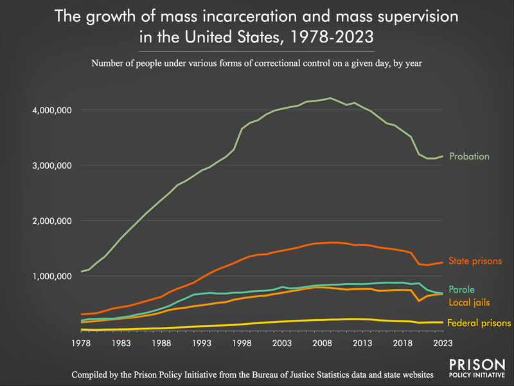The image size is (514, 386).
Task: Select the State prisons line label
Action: [476, 261]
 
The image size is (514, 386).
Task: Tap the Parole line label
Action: [463, 289]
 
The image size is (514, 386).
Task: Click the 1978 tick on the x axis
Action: [82, 344]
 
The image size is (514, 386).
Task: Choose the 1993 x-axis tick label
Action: [202, 344]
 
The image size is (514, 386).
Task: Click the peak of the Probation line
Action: [330, 98]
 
